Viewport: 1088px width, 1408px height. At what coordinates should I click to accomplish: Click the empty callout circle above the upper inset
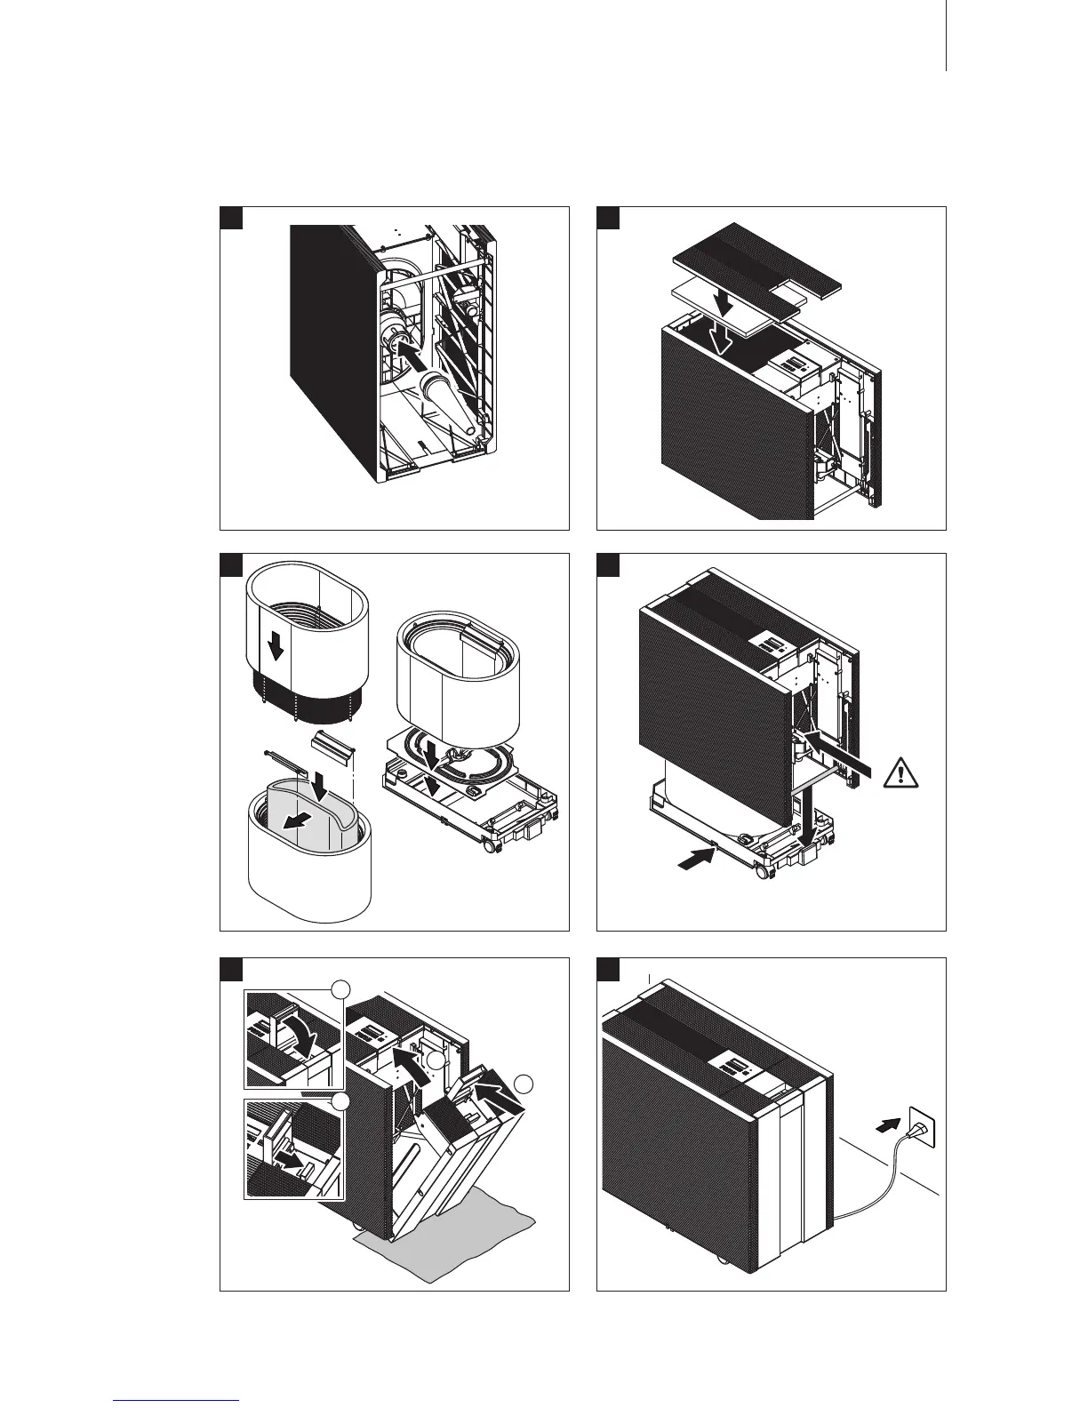pyautogui.click(x=342, y=989)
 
